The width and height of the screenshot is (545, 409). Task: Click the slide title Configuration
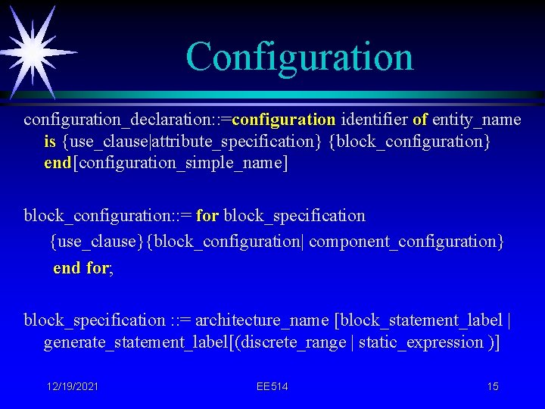pos(300,57)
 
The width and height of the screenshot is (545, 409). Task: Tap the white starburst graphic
pos(33,51)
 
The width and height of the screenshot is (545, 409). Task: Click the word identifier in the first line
pos(375,120)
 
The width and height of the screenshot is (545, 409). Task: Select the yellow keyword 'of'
pos(420,120)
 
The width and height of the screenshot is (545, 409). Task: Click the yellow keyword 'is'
pos(50,142)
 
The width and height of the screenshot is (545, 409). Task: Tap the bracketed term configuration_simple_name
pos(179,164)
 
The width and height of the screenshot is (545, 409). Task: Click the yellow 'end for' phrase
pos(81,268)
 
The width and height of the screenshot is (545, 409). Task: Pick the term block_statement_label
pos(422,320)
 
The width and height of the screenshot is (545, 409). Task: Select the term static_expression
pos(420,342)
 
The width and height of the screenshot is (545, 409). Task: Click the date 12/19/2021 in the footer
pos(72,387)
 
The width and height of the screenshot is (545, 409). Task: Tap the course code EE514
pos(272,387)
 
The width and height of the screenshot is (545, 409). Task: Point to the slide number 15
pos(493,387)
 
